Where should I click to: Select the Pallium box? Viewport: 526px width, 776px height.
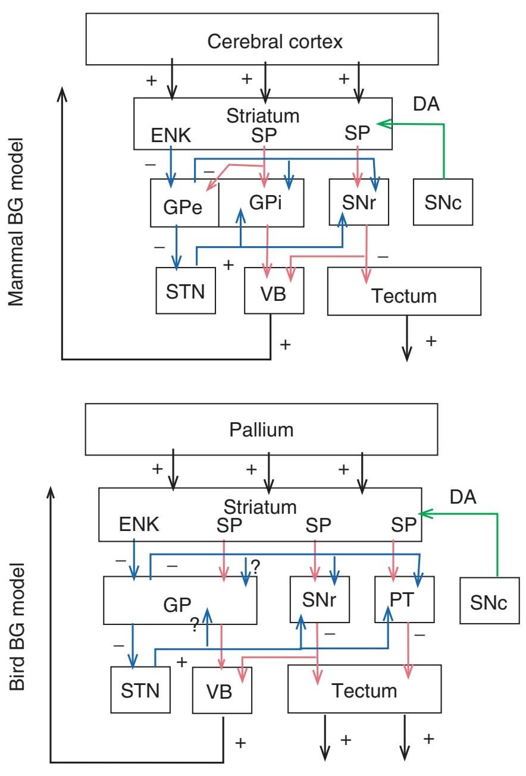262,429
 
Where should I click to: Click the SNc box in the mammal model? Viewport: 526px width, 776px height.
443,202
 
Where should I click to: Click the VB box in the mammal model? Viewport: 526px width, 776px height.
274,291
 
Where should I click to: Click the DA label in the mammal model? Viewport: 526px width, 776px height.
427,104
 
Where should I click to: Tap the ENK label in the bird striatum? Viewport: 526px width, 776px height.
139,524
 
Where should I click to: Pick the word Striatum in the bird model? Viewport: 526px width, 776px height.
260,507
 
